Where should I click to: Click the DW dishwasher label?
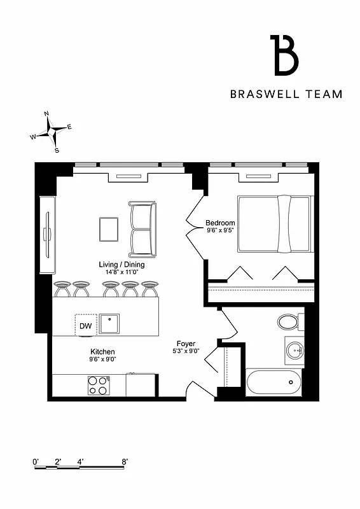pos(85,326)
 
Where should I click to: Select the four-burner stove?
pos(97,385)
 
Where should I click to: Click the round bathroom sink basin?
pos(294,349)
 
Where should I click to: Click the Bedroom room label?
pos(220,223)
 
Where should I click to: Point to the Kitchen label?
pos(102,351)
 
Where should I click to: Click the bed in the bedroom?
pos(274,224)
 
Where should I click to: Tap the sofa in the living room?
pos(142,229)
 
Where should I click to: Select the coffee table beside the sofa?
pos(109,230)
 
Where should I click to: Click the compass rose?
pos(52,132)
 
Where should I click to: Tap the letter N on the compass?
pos(46,114)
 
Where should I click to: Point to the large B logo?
pos(285,55)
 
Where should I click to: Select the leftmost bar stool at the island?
pos(62,289)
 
